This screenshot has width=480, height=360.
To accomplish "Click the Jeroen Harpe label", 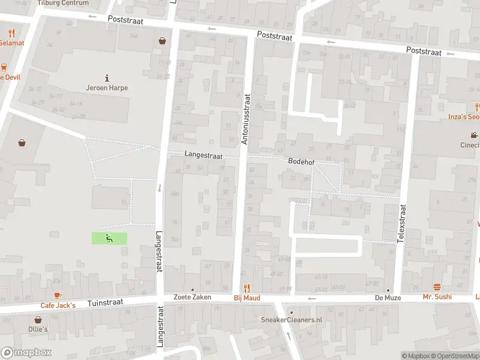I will pos(107,88).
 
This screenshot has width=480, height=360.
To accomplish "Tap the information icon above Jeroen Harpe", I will pos(107,77).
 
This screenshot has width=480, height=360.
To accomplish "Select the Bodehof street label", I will pos(301,162).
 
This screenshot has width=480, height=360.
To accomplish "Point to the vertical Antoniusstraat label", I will pos(245,119).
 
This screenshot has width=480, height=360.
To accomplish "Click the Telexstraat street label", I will pos(403,223).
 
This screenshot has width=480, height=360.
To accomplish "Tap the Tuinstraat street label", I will pos(105,304).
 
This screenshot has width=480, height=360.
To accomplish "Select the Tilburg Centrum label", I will pos(62,3).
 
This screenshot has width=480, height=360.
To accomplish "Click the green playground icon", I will pos(109,238).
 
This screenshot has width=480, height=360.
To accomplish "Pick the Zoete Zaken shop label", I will pos(193,297).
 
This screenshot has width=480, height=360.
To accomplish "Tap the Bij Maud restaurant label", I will pos(246,298).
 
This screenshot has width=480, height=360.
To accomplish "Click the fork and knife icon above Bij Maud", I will pos(246,288).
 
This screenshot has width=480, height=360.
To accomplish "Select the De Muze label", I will pos(388,297).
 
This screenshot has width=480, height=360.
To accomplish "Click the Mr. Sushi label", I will pos(437,297).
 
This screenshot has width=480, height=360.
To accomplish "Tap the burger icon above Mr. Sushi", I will pos(437,287).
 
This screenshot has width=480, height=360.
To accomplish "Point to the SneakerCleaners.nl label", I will pos(291,320).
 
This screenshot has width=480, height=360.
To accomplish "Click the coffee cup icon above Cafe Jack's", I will pos(58,295).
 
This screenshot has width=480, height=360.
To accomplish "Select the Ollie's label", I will pos(37,329).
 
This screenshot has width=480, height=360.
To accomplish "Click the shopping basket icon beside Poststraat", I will pos(162,41).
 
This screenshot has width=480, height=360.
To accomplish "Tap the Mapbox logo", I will pos(26,352).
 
